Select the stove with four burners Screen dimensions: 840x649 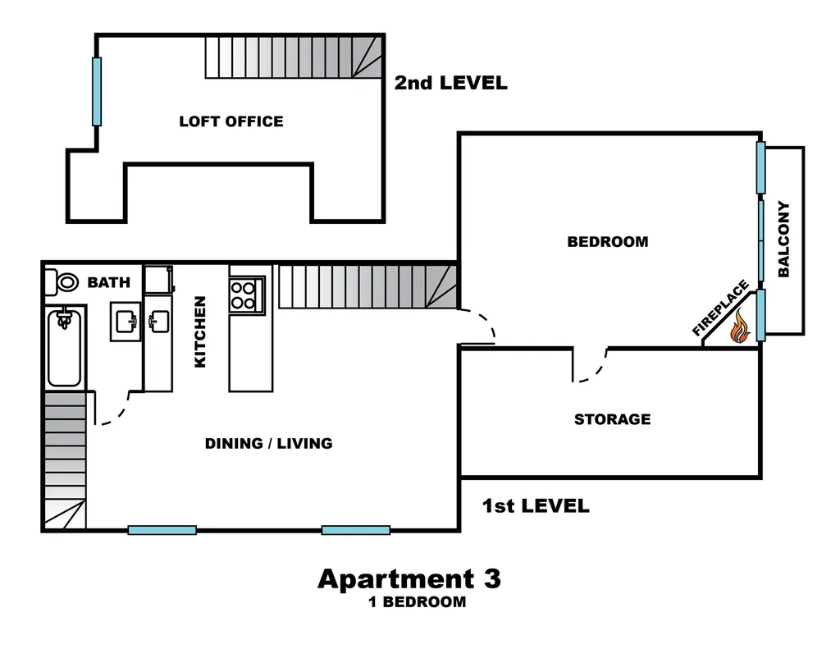[x=246, y=295]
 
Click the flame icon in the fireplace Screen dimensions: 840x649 [x=740, y=327]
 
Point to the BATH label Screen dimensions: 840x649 [x=109, y=282]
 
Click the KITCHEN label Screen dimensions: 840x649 [x=200, y=331]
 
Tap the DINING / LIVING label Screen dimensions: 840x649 [x=269, y=443]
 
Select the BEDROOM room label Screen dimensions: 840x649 [x=608, y=242]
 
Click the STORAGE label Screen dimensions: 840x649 [x=612, y=419]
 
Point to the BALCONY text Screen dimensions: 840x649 [x=783, y=239]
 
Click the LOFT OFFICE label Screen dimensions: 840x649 [x=231, y=121]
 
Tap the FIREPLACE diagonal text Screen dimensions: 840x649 [x=720, y=309]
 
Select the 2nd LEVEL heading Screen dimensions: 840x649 [x=451, y=83]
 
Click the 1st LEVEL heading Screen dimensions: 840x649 [x=536, y=506]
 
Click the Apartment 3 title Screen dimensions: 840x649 [x=409, y=578]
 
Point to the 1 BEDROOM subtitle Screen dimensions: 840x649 [x=418, y=602]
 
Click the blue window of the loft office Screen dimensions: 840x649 [x=97, y=92]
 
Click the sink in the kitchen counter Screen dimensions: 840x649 [x=158, y=322]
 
